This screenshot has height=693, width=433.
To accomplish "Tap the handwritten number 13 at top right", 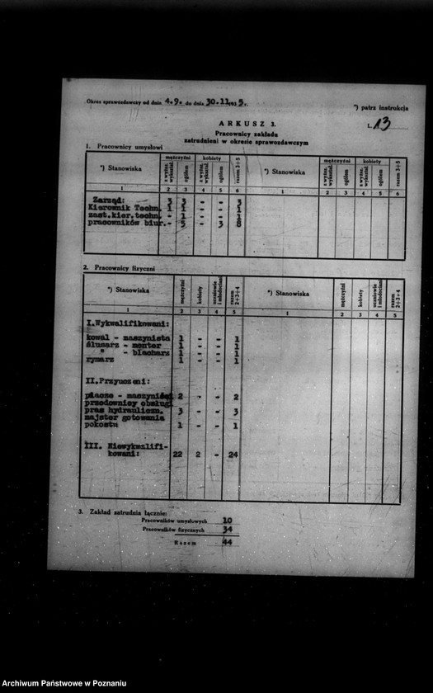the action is [x=381, y=124].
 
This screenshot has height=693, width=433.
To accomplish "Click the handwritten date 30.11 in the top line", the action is [x=217, y=101].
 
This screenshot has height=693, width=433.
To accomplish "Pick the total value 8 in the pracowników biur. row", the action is [x=238, y=223].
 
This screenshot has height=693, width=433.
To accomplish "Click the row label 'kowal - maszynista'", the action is [x=127, y=338].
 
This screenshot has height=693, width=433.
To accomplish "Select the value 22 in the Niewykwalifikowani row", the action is [x=177, y=454].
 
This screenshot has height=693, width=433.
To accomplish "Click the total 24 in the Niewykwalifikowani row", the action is [x=233, y=454].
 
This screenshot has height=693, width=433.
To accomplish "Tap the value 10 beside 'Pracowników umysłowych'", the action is [x=227, y=521].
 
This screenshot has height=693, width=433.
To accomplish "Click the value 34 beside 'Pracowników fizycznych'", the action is [x=227, y=530].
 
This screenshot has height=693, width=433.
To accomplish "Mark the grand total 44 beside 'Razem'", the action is [x=227, y=543].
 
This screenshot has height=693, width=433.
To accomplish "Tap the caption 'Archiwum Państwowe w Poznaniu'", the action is [x=64, y=683].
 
